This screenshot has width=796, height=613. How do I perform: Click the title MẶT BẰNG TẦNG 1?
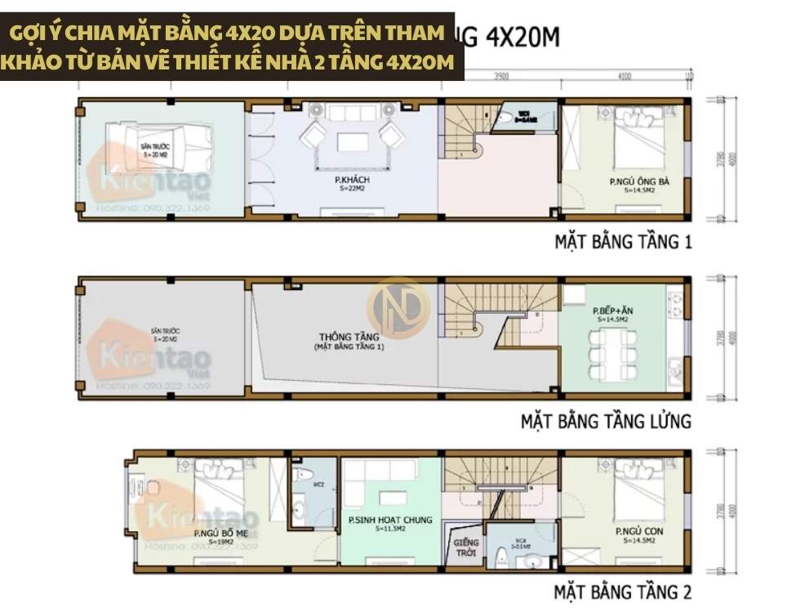(x=623, y=242)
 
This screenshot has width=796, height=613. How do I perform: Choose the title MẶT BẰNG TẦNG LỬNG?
(x=606, y=422)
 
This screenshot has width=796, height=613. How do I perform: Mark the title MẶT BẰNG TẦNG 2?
(x=623, y=591)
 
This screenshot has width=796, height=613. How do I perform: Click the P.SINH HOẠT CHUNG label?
(x=390, y=520)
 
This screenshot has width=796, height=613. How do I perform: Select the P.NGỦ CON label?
(x=639, y=531)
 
